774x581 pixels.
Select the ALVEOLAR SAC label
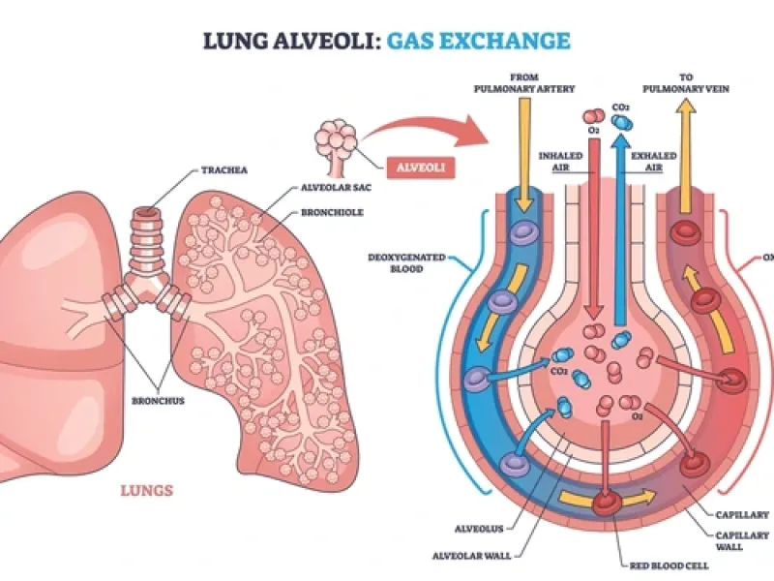327,191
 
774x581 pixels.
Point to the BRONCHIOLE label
333,212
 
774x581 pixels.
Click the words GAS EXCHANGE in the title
478,41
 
